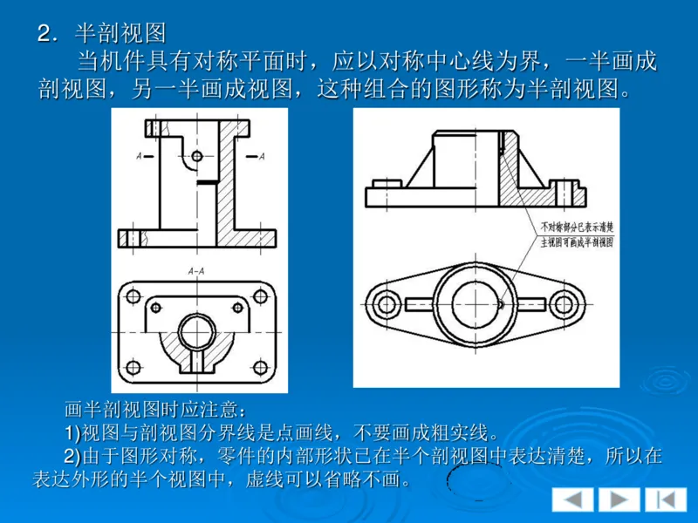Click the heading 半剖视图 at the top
click(120, 33)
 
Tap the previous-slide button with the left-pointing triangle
click(572, 499)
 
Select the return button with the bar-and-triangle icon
click(666, 499)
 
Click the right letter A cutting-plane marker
click(263, 156)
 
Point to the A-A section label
click(196, 271)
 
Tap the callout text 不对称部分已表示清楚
click(577, 226)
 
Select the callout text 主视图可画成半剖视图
click(577, 241)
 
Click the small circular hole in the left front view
click(198, 156)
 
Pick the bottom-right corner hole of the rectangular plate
click(258, 366)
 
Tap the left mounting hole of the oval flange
click(385, 303)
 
